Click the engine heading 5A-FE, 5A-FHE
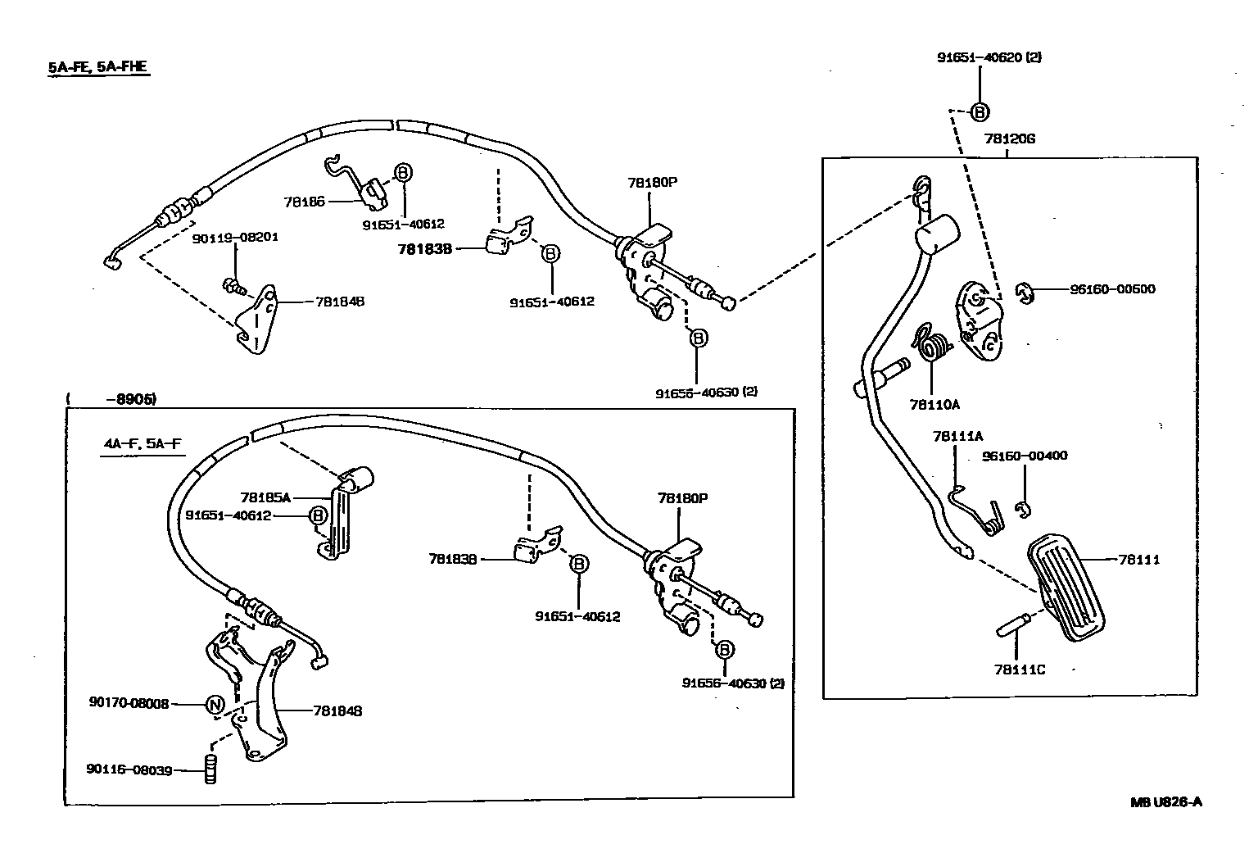tap(97, 67)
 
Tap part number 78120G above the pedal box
tap(1009, 138)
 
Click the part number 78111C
tap(1020, 670)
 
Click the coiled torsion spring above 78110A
tap(930, 345)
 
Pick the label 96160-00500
tap(1112, 288)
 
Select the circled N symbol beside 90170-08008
tap(214, 704)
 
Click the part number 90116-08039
tap(129, 769)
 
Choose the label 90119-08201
tap(235, 238)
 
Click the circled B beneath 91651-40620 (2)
tap(980, 112)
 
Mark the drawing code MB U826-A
tap(1165, 802)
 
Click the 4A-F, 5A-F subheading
tap(142, 445)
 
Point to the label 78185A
tap(265, 497)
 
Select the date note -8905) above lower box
tap(131, 399)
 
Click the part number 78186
tap(304, 201)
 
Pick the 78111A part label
tap(957, 437)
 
